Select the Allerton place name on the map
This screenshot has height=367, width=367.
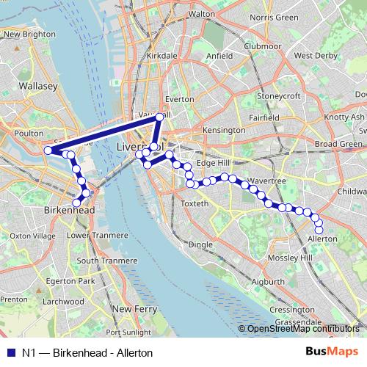tap(322, 239)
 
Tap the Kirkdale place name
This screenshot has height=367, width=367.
tap(161, 55)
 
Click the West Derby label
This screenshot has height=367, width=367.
tap(314, 55)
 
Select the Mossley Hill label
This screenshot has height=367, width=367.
tap(291, 259)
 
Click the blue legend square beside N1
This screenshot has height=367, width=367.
tap(10, 352)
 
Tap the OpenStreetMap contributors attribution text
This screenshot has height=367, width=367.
tap(303, 329)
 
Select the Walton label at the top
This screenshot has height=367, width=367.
tap(201, 13)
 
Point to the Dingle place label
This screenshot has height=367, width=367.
tap(200, 244)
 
